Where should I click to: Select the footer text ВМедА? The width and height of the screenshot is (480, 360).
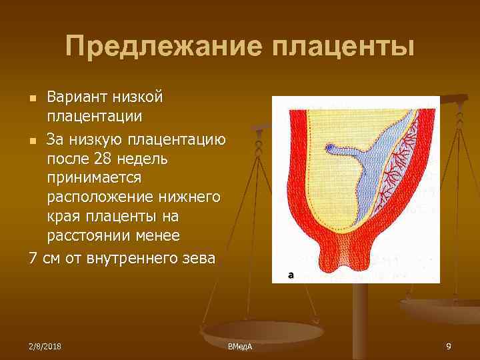coord(239,347)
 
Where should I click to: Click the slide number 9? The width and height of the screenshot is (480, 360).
coord(449,346)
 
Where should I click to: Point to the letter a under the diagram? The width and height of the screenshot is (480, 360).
coord(291,274)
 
